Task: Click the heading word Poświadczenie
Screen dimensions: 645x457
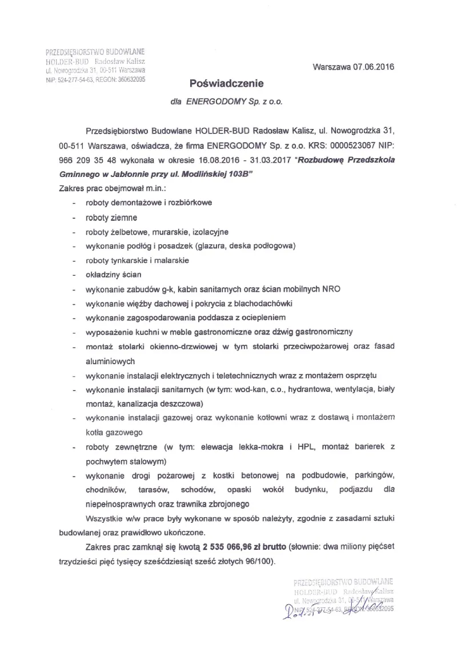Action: (x=227, y=84)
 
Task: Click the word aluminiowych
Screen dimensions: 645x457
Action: (x=110, y=361)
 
